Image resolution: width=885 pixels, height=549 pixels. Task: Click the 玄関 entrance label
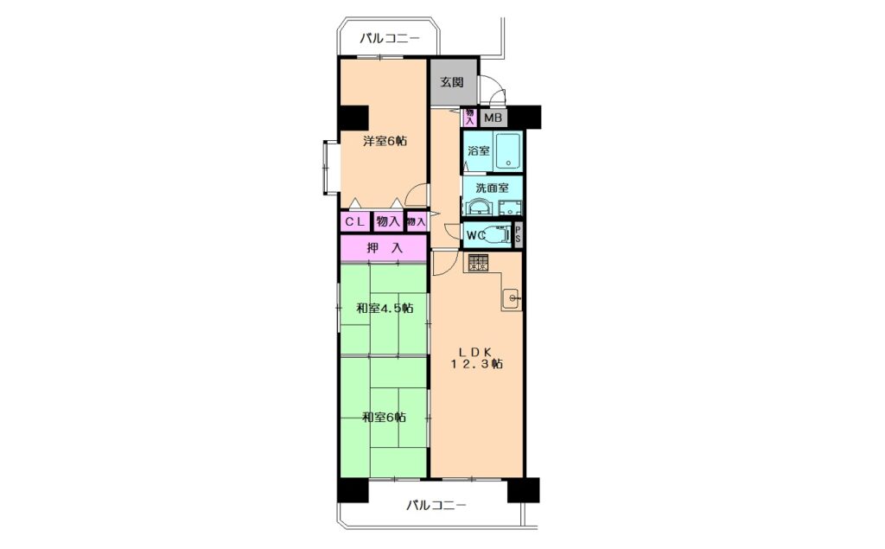[452, 82]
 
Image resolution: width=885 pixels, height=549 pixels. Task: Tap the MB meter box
[493, 118]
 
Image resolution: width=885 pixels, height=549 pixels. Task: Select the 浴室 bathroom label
[478, 150]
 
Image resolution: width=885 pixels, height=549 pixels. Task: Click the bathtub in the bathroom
[509, 150]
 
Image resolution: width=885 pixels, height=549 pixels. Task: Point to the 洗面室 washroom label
[492, 187]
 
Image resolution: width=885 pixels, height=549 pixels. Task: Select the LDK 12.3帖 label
[476, 357]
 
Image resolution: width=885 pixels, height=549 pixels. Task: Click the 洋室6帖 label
[385, 141]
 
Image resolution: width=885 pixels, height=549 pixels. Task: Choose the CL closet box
[355, 222]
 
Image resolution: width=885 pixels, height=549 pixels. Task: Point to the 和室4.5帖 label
[385, 309]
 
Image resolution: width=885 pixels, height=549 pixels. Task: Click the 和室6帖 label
[384, 418]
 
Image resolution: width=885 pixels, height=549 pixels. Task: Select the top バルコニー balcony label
[390, 39]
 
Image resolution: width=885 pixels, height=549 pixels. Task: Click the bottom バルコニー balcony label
[436, 505]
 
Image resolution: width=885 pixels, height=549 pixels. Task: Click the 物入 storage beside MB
[469, 117]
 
